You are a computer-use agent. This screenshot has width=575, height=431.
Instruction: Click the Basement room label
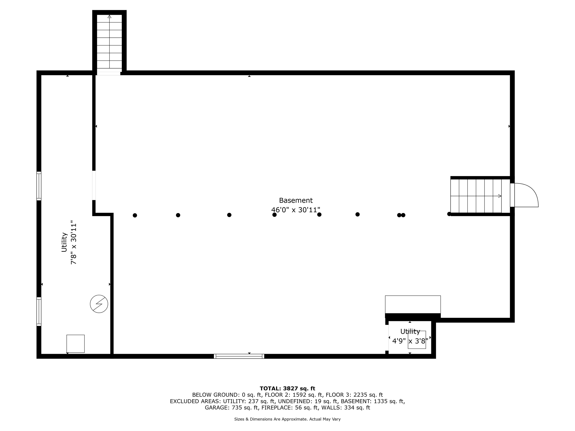(x=296, y=200)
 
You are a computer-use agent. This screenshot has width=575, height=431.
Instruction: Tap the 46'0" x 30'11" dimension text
(x=296, y=210)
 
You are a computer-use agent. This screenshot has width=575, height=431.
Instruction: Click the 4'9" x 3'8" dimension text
(x=410, y=341)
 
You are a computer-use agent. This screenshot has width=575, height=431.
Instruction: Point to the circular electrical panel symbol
(x=99, y=304)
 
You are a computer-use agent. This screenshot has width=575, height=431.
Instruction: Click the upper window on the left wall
(x=39, y=186)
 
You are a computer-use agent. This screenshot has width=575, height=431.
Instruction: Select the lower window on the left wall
(x=39, y=311)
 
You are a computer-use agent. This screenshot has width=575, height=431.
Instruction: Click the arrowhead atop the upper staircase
(x=109, y=16)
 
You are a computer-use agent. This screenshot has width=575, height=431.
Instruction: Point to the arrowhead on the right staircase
(x=500, y=196)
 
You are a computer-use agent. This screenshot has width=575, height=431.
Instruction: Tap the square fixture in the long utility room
(x=76, y=344)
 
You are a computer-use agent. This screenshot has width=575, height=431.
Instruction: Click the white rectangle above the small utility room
(x=413, y=305)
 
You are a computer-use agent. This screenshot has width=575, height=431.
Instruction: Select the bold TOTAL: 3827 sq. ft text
(x=287, y=388)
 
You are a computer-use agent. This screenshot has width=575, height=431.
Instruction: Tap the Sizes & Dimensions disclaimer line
(x=287, y=419)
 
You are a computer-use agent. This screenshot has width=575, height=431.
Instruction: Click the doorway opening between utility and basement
(x=94, y=186)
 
